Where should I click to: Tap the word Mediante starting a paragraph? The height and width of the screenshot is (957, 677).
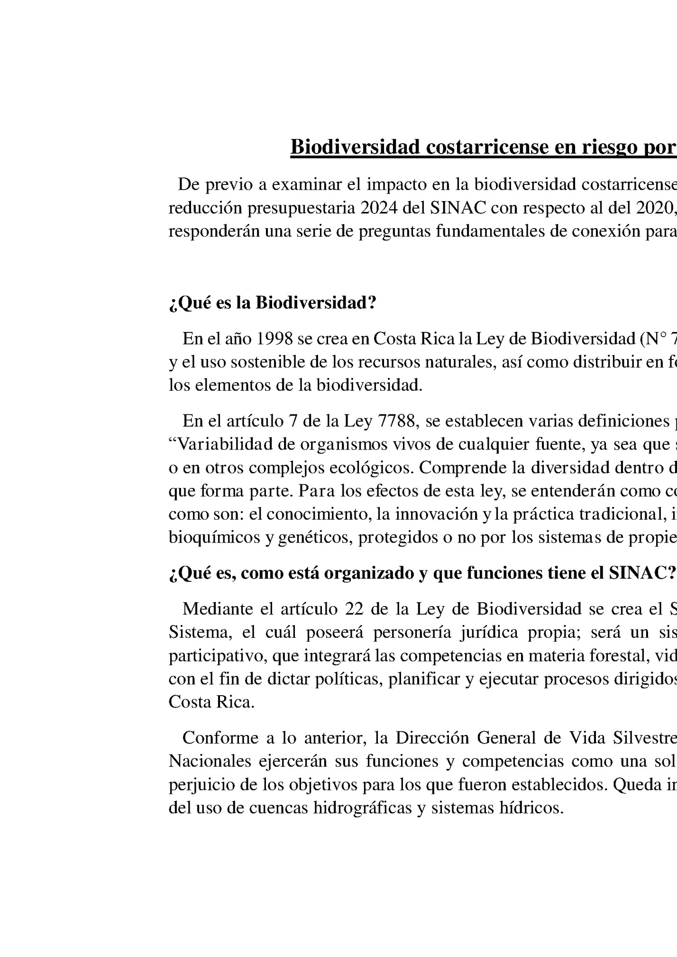tap(217, 608)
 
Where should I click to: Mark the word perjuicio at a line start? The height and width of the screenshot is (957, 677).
tap(200, 784)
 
